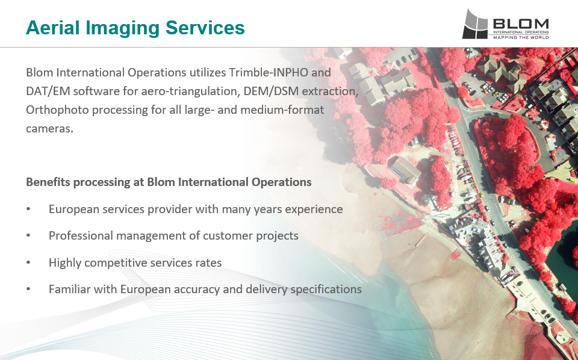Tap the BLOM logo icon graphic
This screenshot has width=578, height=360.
tap(475, 24)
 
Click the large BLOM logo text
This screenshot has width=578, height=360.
tap(520, 24)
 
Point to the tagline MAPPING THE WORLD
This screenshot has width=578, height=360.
tap(521, 37)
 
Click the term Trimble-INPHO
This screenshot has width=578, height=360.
tap(269, 72)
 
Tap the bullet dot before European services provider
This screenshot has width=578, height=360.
tap(28, 209)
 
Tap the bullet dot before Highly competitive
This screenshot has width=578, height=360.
tap(28, 262)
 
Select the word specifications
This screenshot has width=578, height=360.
tap(326, 290)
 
